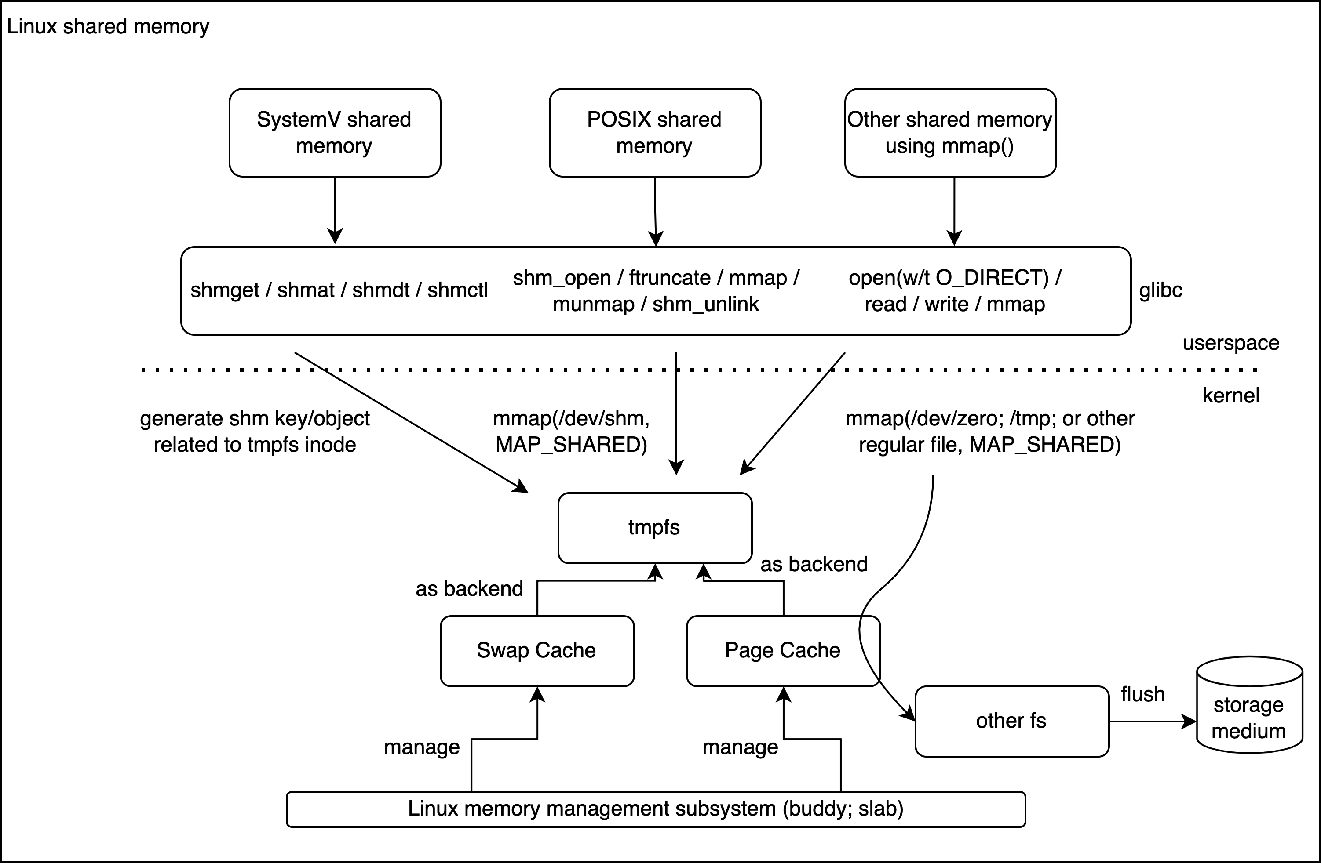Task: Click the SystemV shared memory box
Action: pyautogui.click(x=335, y=133)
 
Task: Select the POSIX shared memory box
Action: pyautogui.click(x=654, y=133)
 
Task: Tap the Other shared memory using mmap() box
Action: pyautogui.click(x=950, y=133)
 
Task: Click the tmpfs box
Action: pyautogui.click(x=654, y=527)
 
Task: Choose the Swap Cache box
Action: pyautogui.click(x=537, y=651)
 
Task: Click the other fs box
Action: pyautogui.click(x=1011, y=721)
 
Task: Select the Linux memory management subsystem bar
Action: pyautogui.click(x=656, y=809)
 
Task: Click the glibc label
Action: pyautogui.click(x=1160, y=290)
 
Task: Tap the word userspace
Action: pyautogui.click(x=1230, y=343)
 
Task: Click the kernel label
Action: pyautogui.click(x=1230, y=395)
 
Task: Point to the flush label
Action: pyautogui.click(x=1142, y=694)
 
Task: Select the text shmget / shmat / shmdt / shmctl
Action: pyautogui.click(x=339, y=290)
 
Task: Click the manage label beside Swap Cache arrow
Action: pyautogui.click(x=422, y=747)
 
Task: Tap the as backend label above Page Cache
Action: pyautogui.click(x=814, y=564)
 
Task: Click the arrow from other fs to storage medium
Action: pyautogui.click(x=1152, y=722)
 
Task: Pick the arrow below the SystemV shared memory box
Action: pyautogui.click(x=335, y=211)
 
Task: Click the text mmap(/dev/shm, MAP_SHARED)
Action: pyautogui.click(x=571, y=431)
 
